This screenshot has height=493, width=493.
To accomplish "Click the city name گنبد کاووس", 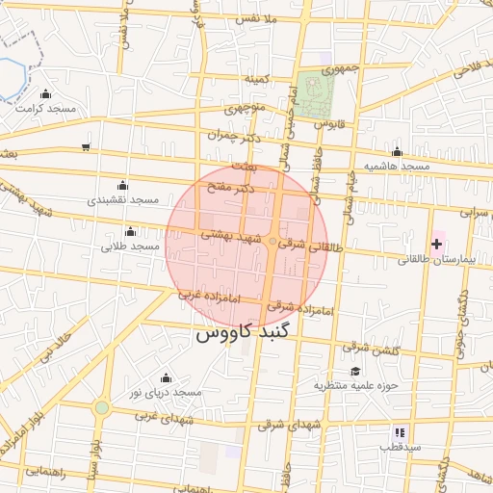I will tap(248, 334).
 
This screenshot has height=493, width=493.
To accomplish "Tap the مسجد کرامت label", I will tap(45, 109).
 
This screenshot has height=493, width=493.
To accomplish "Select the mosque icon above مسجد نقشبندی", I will tap(121, 185).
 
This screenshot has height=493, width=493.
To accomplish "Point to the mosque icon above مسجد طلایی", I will tap(130, 231).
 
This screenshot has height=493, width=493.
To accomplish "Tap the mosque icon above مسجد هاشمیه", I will tap(397, 151).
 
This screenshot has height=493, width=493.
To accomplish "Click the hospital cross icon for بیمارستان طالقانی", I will tap(436, 245).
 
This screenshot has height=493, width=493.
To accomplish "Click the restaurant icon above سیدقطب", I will tap(399, 432).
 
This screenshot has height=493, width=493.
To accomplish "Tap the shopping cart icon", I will tap(87, 147).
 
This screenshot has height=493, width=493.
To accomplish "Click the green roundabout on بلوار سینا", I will tap(102, 407).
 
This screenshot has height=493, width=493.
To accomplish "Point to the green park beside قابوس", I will tap(314, 92).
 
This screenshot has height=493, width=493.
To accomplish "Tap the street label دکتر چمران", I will tap(234, 137).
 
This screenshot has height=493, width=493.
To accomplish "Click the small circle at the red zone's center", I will tap(272, 241).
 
